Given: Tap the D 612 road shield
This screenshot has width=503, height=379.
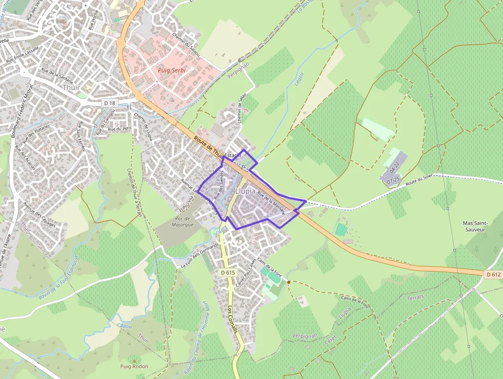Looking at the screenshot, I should click(x=492, y=275).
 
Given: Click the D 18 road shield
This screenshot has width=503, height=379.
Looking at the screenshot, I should click(x=110, y=103).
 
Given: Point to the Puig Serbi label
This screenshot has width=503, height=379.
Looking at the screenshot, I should click(x=171, y=69).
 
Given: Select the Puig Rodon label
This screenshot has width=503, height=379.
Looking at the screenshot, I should click(x=134, y=366).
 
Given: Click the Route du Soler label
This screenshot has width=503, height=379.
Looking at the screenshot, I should click(x=419, y=180).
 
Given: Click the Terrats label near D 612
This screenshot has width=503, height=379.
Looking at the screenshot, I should click(x=415, y=297).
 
